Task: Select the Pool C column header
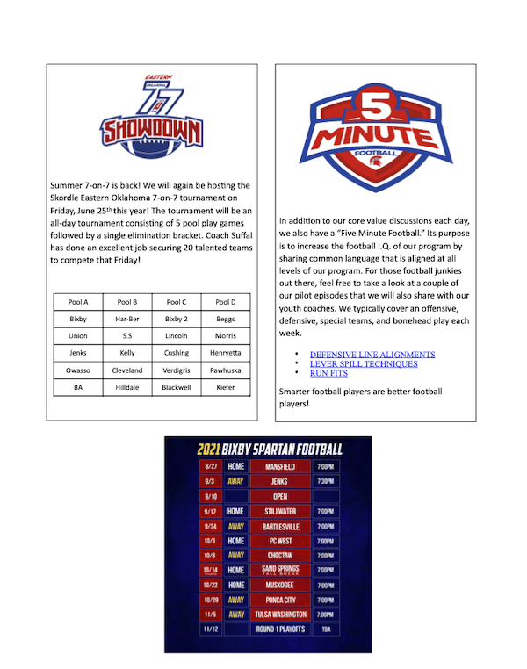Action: pyautogui.click(x=177, y=303)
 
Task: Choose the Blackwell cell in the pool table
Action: pyautogui.click(x=177, y=385)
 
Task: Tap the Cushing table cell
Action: pyautogui.click(x=177, y=352)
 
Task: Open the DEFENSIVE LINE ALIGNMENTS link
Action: pyautogui.click(x=372, y=355)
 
